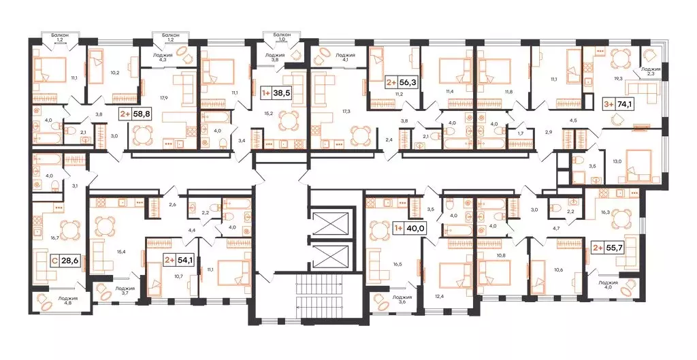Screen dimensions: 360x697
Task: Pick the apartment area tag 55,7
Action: pos(611,248)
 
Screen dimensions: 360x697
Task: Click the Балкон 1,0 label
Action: pos(282,36)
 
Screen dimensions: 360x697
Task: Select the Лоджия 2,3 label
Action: pos(650,71)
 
